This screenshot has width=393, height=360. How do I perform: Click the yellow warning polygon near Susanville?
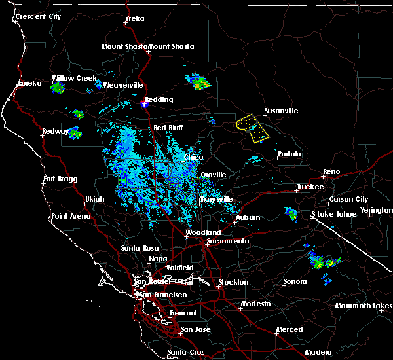tap(253, 127)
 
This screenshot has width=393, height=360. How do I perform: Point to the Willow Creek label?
tap(74, 78)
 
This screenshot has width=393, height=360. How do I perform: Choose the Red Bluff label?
tap(168, 128)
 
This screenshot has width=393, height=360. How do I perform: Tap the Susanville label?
tap(280, 111)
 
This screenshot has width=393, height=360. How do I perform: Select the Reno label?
tap(331, 172)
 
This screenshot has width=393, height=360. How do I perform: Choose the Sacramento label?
tap(227, 241)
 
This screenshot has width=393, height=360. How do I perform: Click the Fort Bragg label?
tap(60, 179)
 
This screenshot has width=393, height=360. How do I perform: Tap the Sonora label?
tap(295, 282)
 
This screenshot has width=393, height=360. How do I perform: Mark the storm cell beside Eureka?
tap(58, 86)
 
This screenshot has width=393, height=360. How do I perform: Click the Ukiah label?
tap(95, 199)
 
